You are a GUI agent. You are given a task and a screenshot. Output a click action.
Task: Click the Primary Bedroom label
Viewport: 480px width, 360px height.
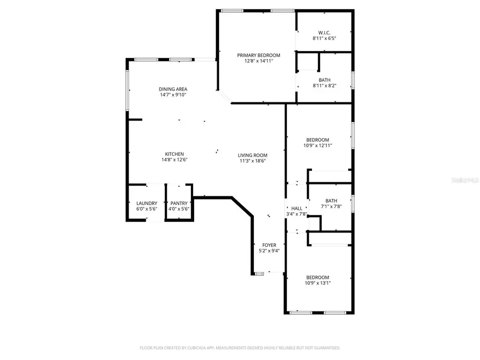click(258, 55)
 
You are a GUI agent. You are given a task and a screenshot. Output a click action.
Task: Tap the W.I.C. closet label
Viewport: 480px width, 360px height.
click(324, 33)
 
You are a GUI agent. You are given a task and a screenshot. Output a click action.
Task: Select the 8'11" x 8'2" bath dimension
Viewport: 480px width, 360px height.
click(324, 85)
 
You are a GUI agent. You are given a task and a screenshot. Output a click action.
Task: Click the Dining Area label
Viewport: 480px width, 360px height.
click(173, 89)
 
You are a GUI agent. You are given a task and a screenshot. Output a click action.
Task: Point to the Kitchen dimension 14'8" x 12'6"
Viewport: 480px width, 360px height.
click(174, 160)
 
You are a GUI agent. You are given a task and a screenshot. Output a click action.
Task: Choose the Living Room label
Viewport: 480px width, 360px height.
click(253, 155)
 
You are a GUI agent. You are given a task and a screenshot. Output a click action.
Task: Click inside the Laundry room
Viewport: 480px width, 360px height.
click(146, 205)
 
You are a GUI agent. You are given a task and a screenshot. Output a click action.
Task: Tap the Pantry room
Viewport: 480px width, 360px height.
click(179, 205)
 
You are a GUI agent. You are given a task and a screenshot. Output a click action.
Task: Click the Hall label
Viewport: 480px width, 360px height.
click(297, 208)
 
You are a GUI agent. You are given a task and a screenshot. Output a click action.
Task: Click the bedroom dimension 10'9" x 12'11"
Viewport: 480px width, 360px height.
click(317, 146)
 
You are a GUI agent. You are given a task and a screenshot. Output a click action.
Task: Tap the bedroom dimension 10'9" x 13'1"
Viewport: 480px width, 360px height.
click(317, 283)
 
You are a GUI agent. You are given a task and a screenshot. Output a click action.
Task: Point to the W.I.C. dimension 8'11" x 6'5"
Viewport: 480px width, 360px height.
click(324, 38)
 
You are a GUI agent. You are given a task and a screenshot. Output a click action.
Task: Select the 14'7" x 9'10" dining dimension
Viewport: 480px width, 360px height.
click(173, 95)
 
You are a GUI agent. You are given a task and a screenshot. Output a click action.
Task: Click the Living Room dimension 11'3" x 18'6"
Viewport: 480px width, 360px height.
click(253, 161)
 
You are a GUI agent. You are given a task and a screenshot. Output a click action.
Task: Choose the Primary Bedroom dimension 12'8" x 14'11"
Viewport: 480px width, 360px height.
click(258, 61)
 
